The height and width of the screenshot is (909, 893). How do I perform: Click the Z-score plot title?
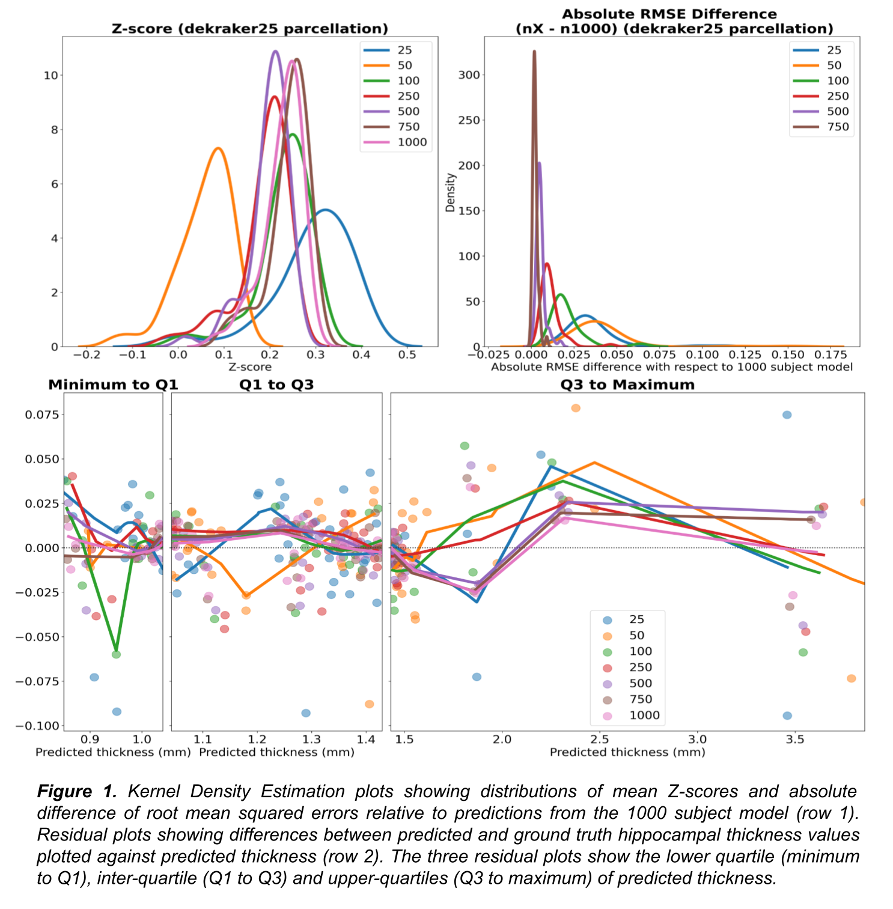(249, 29)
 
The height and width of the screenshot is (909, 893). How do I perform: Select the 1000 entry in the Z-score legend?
(412, 142)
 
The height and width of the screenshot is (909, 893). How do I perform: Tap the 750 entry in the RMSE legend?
(837, 127)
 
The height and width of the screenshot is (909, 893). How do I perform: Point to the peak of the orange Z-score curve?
(218, 148)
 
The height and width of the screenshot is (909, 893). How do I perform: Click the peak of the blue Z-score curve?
(325, 210)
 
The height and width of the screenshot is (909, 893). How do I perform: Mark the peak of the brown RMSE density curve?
(534, 52)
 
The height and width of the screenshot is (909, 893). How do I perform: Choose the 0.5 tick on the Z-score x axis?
(407, 354)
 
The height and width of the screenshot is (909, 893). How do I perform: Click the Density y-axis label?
(450, 192)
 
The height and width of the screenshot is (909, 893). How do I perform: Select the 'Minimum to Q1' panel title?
(113, 385)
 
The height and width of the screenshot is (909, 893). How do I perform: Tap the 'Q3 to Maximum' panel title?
(627, 385)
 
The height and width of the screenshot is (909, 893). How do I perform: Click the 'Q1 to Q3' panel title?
(276, 385)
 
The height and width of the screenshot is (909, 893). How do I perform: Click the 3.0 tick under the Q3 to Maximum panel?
(697, 739)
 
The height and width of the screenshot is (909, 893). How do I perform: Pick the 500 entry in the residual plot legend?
(641, 683)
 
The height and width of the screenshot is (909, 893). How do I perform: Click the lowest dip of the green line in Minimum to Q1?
(117, 650)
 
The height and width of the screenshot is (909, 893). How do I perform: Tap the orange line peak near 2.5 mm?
(594, 463)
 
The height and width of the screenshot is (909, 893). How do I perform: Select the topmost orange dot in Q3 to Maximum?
(576, 409)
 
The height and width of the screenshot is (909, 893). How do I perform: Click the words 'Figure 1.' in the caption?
(76, 791)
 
